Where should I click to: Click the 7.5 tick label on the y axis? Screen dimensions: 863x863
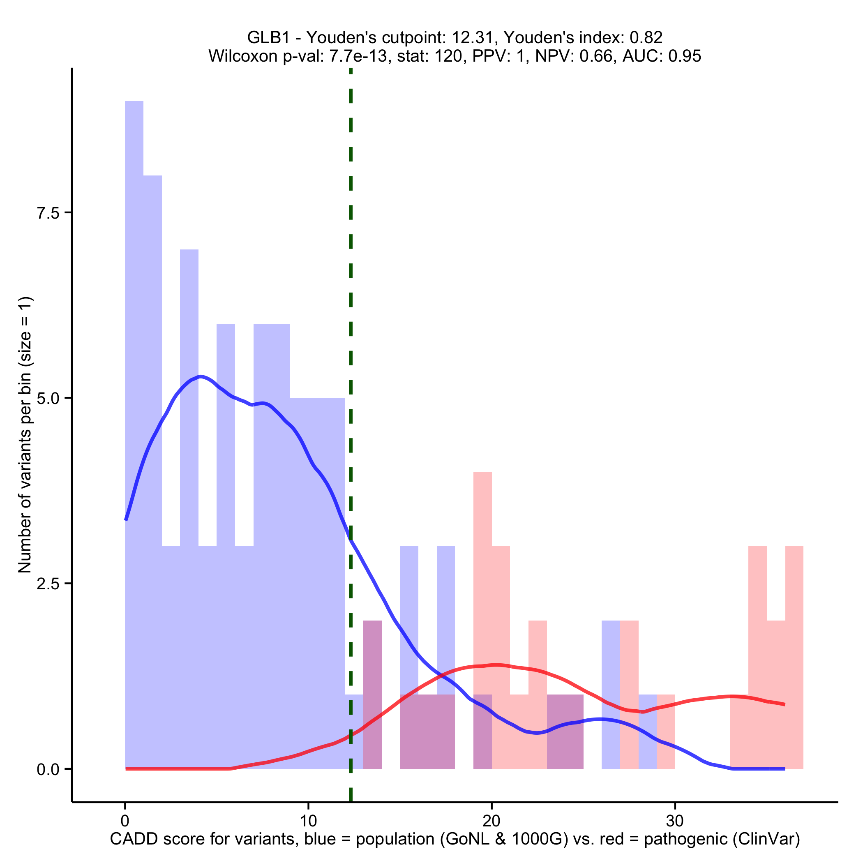pyautogui.click(x=48, y=213)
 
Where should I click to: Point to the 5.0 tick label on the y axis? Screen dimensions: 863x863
pyautogui.click(x=48, y=399)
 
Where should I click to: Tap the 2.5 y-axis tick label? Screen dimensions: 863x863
pyautogui.click(x=48, y=584)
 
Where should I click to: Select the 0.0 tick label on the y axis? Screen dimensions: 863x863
pyautogui.click(x=48, y=769)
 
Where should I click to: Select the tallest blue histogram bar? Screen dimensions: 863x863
pyautogui.click(x=134, y=402)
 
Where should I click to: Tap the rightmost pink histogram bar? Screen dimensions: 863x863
pyautogui.click(x=794, y=648)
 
